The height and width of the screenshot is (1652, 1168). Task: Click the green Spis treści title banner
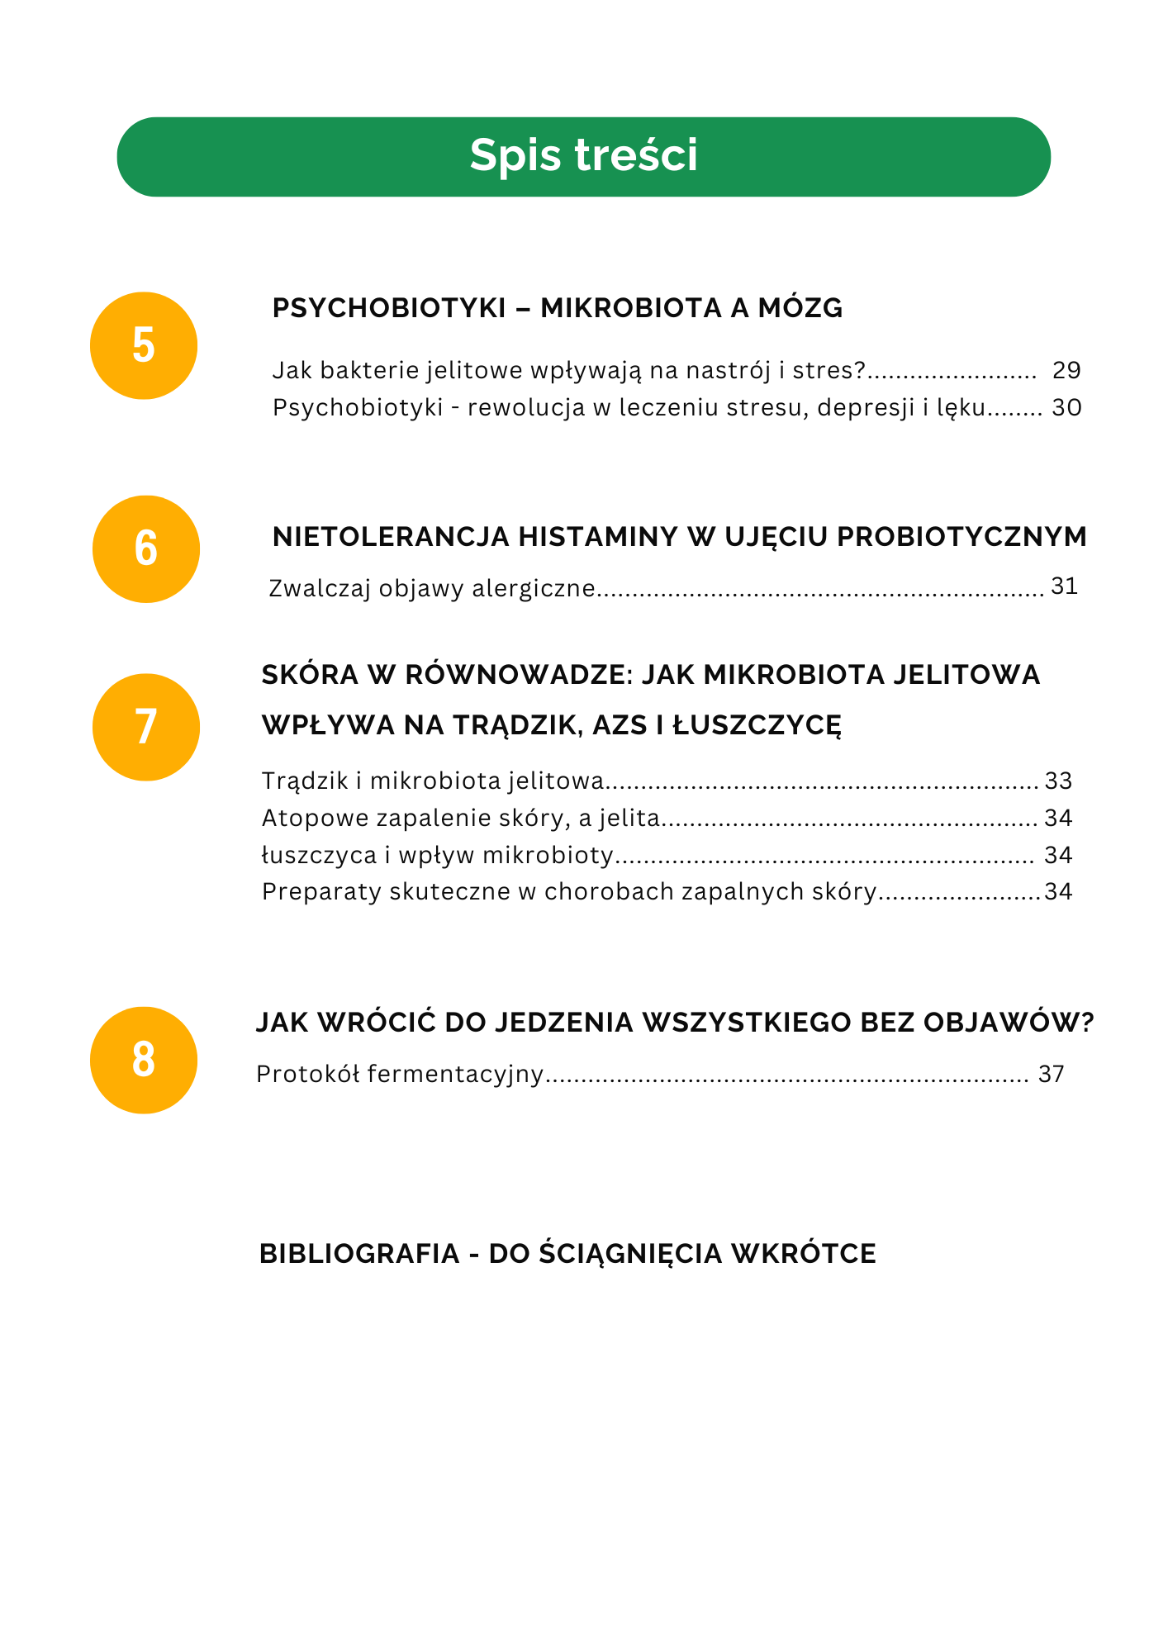tap(583, 157)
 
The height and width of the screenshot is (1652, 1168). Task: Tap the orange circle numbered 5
tap(144, 345)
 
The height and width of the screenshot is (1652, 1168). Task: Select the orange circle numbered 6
tap(146, 548)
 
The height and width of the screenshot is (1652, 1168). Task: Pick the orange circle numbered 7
tap(146, 727)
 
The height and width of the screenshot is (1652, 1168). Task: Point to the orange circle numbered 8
tap(144, 1060)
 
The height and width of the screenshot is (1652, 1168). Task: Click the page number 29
tap(1066, 370)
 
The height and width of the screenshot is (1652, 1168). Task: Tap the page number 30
tap(1066, 407)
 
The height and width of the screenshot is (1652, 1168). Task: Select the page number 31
tap(1064, 586)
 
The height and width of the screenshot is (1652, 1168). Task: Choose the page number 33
tap(1058, 781)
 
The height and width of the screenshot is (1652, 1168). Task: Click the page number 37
tap(1051, 1074)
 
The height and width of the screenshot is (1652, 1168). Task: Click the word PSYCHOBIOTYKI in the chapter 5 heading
tap(389, 308)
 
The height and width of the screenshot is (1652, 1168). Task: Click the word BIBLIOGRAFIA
tap(359, 1254)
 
